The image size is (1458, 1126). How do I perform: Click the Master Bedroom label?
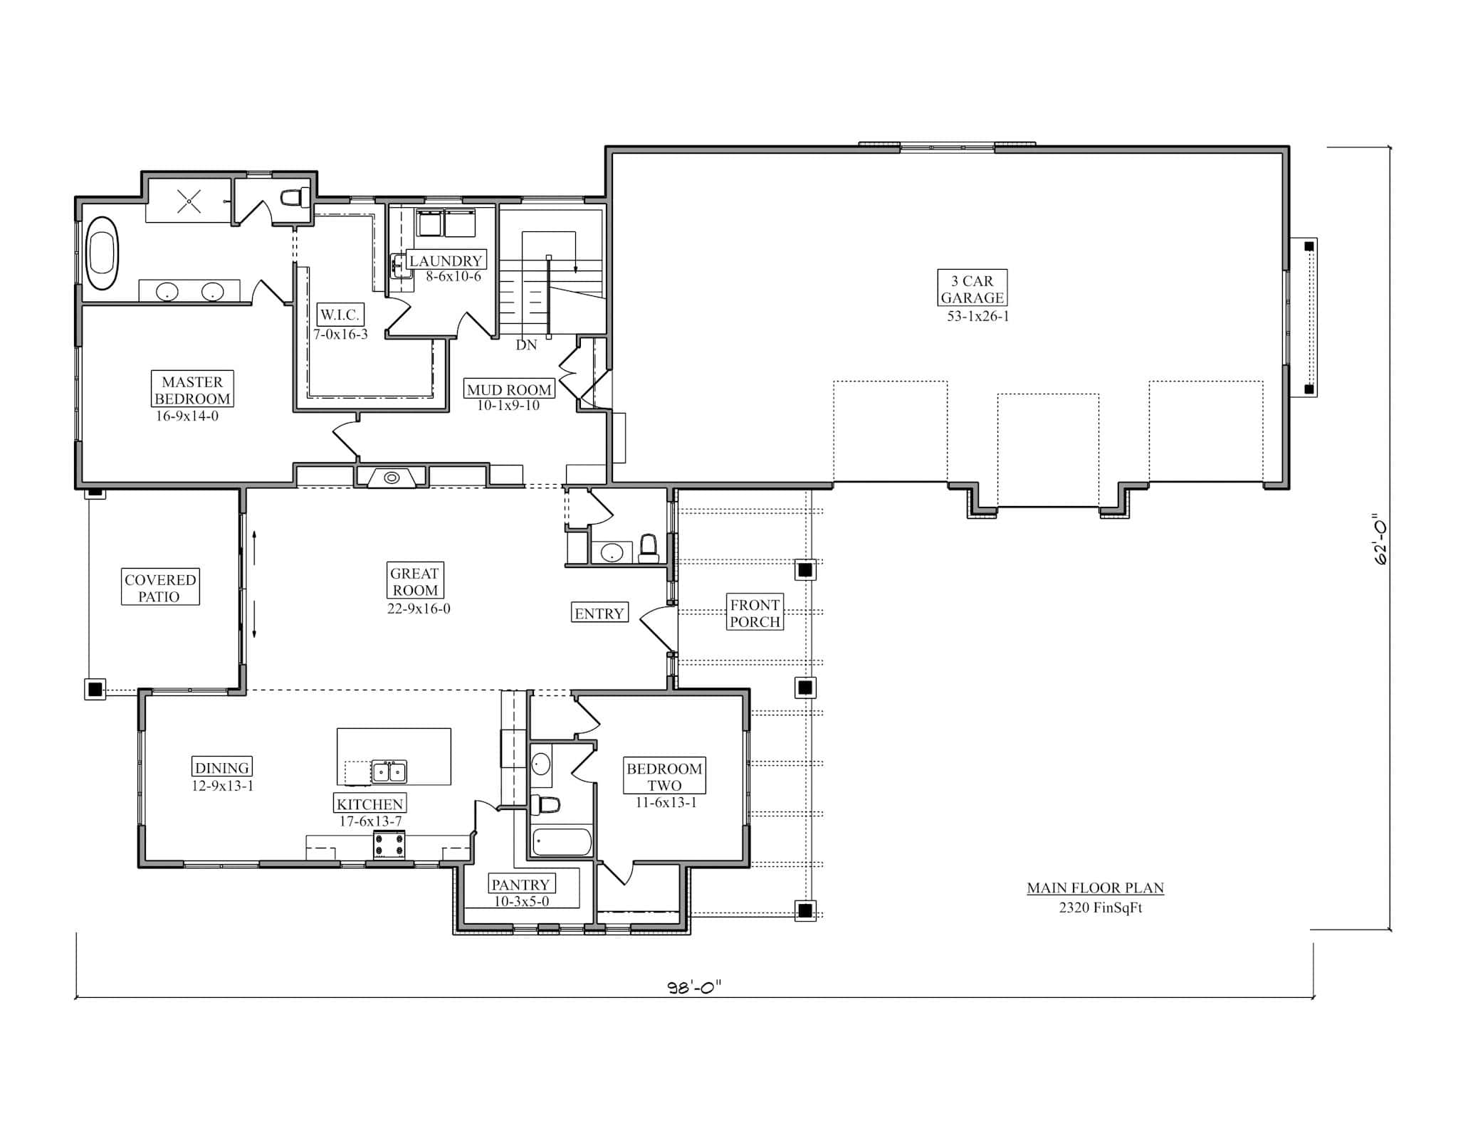pyautogui.click(x=192, y=389)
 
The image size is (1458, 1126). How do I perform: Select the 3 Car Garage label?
pyautogui.click(x=972, y=289)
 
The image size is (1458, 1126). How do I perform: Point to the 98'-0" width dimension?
pyautogui.click(x=694, y=986)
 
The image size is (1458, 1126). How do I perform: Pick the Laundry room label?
pyautogui.click(x=446, y=261)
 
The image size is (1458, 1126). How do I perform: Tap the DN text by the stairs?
pyautogui.click(x=526, y=345)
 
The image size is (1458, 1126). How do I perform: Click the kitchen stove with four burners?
pyautogui.click(x=389, y=846)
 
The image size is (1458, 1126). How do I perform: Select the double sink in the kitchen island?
pyautogui.click(x=389, y=771)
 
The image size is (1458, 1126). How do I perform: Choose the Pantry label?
pyautogui.click(x=520, y=884)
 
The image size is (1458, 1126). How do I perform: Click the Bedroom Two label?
pyautogui.click(x=664, y=776)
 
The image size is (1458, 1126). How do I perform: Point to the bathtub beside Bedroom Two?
pyautogui.click(x=562, y=841)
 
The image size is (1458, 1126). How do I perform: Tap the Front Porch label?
pyautogui.click(x=755, y=612)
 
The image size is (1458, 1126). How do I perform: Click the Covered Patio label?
pyautogui.click(x=160, y=587)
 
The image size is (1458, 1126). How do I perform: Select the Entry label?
pyautogui.click(x=599, y=613)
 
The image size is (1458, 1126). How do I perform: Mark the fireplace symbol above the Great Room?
pyautogui.click(x=392, y=478)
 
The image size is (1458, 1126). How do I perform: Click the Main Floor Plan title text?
pyautogui.click(x=1095, y=888)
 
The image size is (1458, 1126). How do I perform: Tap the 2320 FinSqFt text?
pyautogui.click(x=1100, y=907)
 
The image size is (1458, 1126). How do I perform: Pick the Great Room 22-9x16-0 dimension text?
pyautogui.click(x=419, y=609)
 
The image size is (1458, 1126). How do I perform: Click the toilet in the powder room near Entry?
pyautogui.click(x=648, y=549)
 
